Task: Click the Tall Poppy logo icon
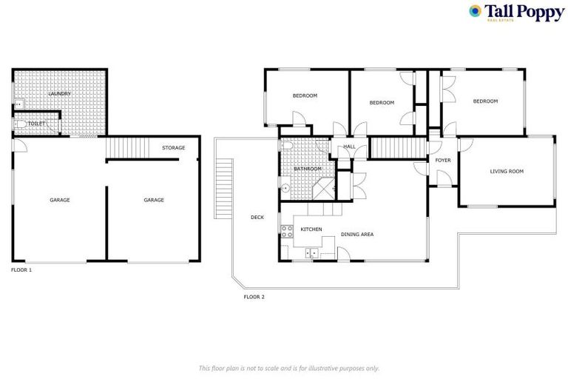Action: [476, 11]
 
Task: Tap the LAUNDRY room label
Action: [59, 94]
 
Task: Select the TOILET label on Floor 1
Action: [37, 124]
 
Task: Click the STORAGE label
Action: [174, 148]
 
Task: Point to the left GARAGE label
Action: [60, 200]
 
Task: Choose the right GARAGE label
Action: [153, 200]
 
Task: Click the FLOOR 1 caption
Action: [21, 270]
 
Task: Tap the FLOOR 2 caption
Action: [254, 297]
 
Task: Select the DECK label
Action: [257, 217]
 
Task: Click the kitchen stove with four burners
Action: [287, 230]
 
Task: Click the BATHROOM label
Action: [308, 169]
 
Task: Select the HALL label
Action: [350, 147]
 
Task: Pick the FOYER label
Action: [442, 160]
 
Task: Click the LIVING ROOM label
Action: [507, 171]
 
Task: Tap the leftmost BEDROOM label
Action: [305, 95]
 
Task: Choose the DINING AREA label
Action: [356, 235]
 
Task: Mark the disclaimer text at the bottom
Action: [288, 368]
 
